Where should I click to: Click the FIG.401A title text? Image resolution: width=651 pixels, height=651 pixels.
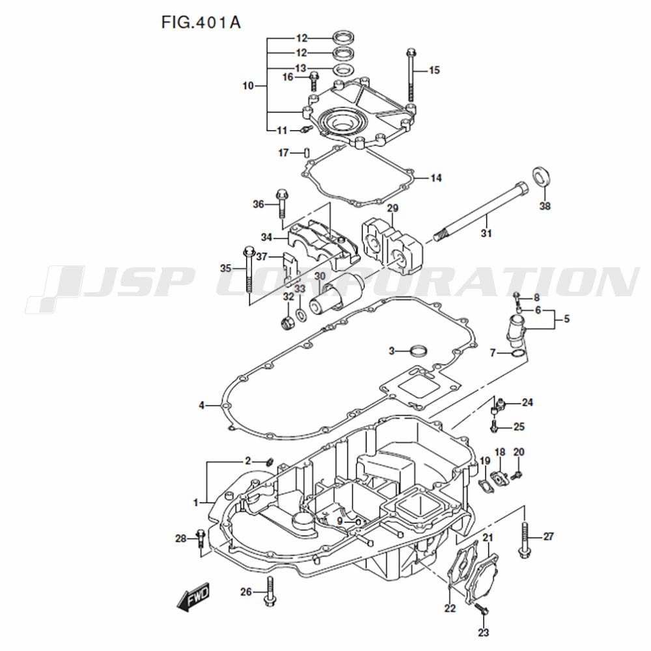point(201,22)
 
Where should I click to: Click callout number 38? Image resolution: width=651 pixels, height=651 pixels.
point(545,206)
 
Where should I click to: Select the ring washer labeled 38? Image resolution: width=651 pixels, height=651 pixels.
point(541,177)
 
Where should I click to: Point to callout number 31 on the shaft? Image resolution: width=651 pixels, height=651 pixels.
point(486,233)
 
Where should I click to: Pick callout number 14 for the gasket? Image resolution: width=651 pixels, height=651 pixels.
point(436,178)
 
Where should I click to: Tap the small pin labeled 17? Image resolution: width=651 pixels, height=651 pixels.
point(307,153)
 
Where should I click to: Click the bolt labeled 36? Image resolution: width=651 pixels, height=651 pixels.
point(282,204)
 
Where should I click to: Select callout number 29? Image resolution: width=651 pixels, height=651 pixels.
point(393,208)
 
